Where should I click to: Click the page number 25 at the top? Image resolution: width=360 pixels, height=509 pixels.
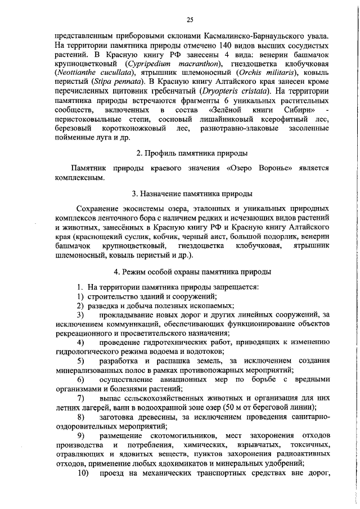(190, 20)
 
